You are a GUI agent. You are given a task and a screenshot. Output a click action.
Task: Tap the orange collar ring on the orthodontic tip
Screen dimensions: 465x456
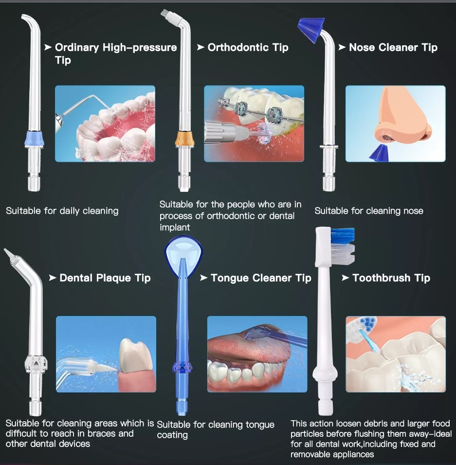click(x=183, y=138)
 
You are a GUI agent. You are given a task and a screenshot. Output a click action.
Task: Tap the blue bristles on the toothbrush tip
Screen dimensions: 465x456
click(x=343, y=236)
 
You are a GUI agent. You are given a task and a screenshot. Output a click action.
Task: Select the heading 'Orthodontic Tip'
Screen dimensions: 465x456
click(x=248, y=47)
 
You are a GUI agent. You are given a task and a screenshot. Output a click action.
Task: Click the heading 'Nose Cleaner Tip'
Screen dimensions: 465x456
click(x=393, y=47)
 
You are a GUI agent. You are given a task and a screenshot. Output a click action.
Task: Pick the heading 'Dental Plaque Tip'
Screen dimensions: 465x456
click(x=105, y=278)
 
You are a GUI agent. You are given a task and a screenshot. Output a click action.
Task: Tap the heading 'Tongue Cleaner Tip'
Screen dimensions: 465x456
click(x=260, y=278)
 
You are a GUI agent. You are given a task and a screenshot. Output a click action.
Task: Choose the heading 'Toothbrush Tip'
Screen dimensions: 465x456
click(x=391, y=278)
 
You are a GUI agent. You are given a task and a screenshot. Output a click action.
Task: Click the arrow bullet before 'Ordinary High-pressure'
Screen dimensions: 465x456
click(x=48, y=47)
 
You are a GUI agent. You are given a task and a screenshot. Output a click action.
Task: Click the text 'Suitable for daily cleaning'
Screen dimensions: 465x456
click(x=62, y=211)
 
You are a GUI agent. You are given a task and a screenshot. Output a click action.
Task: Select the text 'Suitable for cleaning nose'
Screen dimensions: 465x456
click(x=368, y=211)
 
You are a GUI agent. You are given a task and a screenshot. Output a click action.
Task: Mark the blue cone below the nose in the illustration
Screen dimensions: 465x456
click(x=377, y=153)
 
